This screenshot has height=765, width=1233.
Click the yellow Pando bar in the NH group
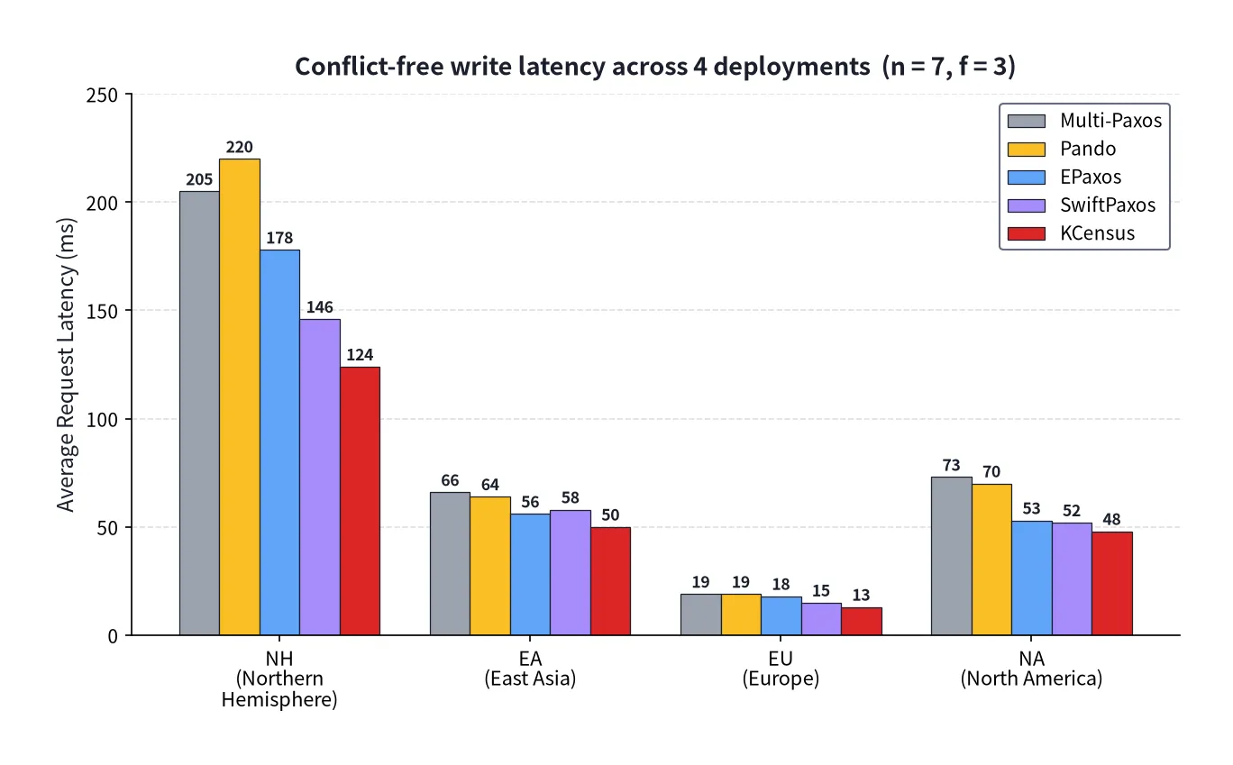pos(240,396)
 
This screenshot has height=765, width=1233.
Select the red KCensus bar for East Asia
pos(610,581)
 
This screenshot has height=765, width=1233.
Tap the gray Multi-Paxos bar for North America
pos(951,556)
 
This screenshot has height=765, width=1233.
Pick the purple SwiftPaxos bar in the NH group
pos(320,478)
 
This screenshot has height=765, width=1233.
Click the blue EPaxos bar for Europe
pos(781,615)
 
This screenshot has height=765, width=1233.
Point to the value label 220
pos(240,147)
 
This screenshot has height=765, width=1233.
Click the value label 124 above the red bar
pos(360,354)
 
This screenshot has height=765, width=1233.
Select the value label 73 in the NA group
pos(951,465)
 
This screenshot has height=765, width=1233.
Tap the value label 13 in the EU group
pos(861,595)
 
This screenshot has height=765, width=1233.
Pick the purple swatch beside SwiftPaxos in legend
pos(1026,205)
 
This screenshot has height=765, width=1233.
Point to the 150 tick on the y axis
pos(102,312)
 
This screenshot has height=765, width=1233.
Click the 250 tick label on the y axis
pos(102,96)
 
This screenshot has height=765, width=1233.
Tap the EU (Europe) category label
pos(781,669)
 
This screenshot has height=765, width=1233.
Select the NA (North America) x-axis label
pos(1031,669)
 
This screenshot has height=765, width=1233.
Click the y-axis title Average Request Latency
pos(66,365)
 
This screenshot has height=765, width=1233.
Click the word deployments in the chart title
pos(792,67)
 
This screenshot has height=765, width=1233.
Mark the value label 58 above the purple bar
pos(571,497)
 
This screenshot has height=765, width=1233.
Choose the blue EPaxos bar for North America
pos(1031,578)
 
